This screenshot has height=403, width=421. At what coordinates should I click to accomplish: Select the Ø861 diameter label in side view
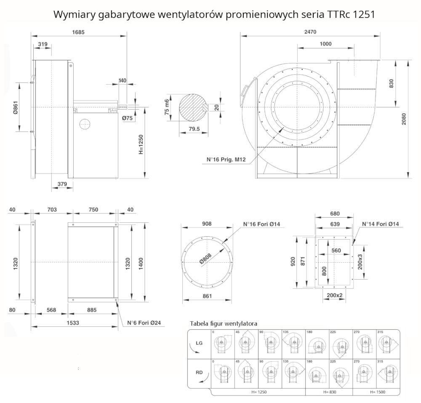(x=15, y=107)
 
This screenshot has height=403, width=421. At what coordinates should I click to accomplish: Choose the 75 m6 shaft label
(x=167, y=107)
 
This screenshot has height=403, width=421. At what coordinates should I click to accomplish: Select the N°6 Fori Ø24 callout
(x=144, y=323)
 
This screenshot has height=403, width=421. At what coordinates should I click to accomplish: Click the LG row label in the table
(x=200, y=343)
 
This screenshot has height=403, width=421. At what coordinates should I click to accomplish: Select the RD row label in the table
(x=200, y=372)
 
